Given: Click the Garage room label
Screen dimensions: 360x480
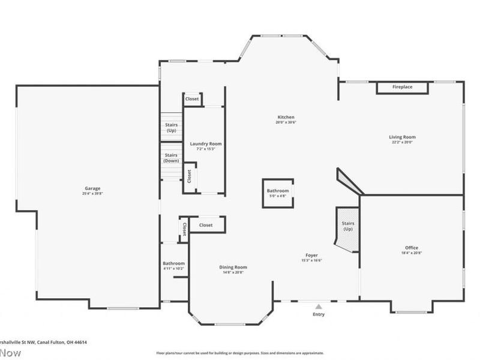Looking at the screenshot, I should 92,188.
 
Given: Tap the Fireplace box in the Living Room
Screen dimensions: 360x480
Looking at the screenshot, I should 403,88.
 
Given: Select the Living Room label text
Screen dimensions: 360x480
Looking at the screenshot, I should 402,137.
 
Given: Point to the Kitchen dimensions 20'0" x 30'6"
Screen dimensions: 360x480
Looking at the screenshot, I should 286,122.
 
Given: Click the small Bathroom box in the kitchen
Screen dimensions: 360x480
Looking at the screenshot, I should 278,193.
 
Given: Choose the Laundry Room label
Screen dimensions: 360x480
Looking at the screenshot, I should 206,143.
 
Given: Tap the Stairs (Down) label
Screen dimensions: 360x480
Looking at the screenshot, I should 172,158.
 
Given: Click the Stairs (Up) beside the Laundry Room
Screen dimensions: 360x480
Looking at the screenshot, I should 172,127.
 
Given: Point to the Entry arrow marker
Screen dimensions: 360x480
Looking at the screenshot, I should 319,306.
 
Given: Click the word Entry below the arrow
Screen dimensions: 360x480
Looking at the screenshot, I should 319,314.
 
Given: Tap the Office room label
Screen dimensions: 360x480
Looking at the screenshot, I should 412,248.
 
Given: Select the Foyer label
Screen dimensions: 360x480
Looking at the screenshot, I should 311,255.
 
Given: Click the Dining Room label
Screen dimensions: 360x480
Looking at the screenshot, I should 233,267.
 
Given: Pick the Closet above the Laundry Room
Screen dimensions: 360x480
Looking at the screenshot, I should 192,99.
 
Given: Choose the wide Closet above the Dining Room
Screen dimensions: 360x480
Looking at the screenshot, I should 206,225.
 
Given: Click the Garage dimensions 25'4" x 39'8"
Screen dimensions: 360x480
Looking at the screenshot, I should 92,193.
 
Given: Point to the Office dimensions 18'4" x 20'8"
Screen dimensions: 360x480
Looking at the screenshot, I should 412,253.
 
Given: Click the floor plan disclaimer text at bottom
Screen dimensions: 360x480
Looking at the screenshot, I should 240,353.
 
